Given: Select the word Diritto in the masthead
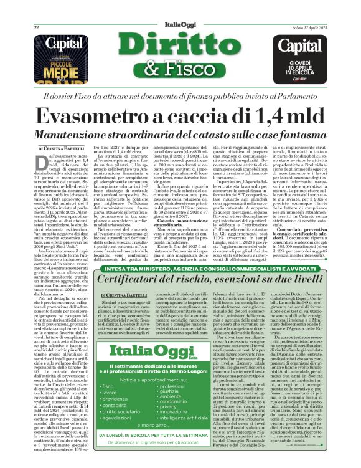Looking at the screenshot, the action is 180,39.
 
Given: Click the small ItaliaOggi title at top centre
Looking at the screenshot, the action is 180,9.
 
